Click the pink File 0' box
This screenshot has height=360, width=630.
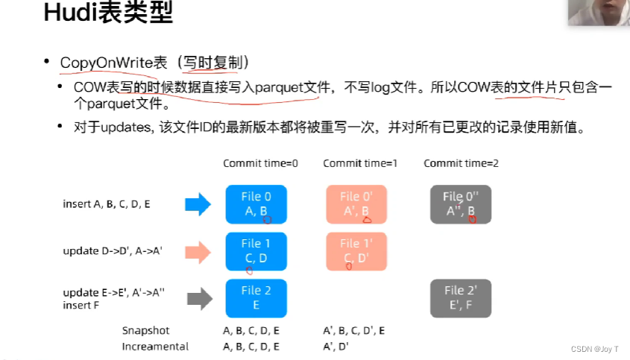(x=356, y=204)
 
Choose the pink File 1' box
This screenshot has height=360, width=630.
(x=356, y=251)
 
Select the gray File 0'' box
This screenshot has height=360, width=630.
(x=460, y=204)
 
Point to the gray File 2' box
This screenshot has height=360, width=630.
(x=460, y=297)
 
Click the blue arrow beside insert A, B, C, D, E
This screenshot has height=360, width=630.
(x=198, y=204)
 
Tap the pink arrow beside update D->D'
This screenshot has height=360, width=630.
(x=198, y=251)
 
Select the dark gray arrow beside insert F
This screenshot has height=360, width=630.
(x=198, y=300)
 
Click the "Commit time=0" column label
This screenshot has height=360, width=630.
(x=260, y=163)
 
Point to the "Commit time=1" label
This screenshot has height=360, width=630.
(x=359, y=163)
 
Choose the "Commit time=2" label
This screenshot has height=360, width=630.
(x=461, y=163)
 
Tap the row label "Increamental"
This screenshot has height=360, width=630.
(x=155, y=346)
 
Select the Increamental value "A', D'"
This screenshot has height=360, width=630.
(x=336, y=346)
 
